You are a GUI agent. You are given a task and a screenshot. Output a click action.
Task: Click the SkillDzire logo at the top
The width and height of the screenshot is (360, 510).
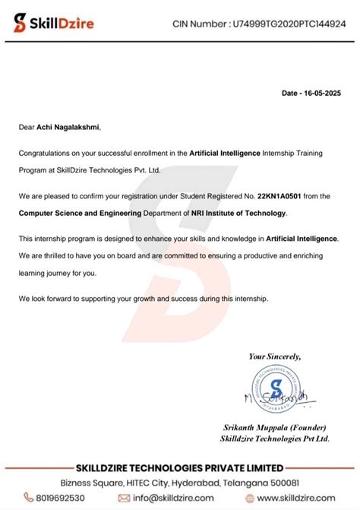click(x=54, y=23)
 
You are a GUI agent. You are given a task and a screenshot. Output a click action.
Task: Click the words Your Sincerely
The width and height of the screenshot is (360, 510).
click(x=275, y=356)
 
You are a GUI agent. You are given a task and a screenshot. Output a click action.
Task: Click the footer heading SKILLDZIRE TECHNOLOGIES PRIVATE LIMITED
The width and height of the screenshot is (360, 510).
click(x=179, y=467)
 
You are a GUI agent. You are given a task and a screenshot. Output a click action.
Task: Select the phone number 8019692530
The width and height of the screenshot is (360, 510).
click(x=63, y=499)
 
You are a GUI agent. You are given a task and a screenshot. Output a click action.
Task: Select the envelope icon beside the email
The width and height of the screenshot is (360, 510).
click(x=125, y=499)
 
